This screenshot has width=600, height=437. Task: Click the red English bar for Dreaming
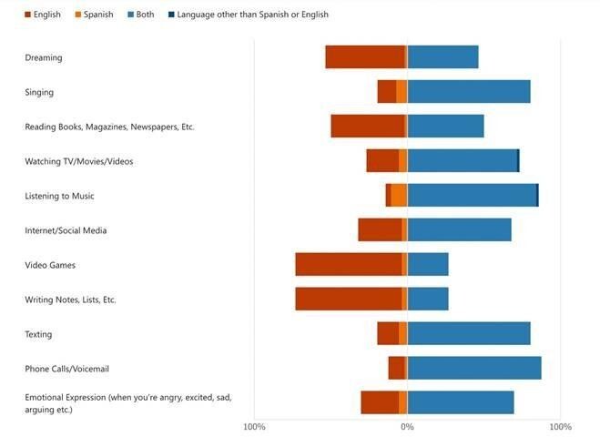(365, 57)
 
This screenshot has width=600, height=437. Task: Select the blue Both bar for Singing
(469, 91)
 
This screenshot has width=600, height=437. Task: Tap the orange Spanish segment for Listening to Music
(399, 195)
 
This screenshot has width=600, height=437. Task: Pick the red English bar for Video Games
(349, 264)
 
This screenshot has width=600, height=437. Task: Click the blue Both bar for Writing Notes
(428, 299)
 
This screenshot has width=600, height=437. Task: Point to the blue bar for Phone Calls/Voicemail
(474, 368)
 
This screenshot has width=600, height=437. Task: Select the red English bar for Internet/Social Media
(380, 229)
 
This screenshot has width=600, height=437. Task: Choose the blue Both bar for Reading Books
(445, 126)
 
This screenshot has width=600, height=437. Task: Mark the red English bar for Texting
(388, 333)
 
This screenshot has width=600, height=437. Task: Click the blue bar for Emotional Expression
(461, 402)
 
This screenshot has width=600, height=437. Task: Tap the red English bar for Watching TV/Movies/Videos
(382, 161)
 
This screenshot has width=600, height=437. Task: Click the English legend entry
(43, 15)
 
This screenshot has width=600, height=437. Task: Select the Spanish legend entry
(94, 15)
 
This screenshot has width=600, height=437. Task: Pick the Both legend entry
(141, 15)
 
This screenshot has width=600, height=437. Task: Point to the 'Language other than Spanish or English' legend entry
(249, 15)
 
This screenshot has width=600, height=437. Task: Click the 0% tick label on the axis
(407, 427)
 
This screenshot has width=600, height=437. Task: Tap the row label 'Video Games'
(50, 265)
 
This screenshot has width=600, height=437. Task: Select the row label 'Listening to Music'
(59, 196)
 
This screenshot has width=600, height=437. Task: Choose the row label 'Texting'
(38, 334)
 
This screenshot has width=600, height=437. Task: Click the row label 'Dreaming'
(43, 57)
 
